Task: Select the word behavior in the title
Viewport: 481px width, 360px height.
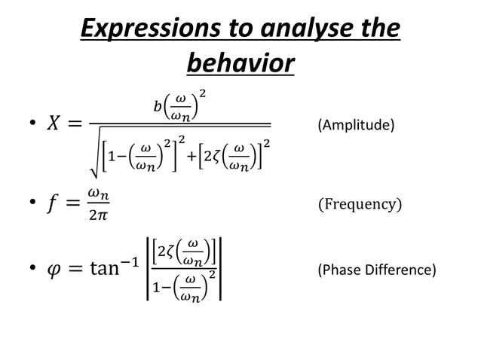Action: point(240,63)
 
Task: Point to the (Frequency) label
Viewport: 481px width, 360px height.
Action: point(360,204)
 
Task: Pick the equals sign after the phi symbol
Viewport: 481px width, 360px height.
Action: point(81,268)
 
